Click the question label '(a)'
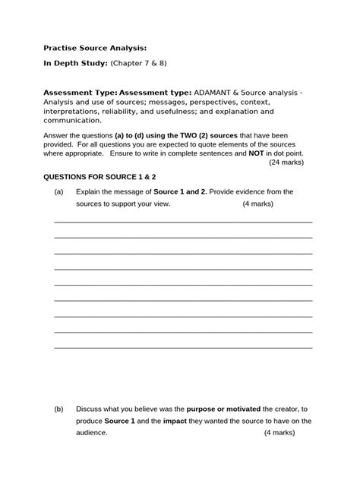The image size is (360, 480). tap(59, 191)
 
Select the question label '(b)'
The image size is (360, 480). tap(59, 409)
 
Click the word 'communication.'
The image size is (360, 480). tap(71, 120)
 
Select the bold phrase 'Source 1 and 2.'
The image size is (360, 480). tap(185, 191)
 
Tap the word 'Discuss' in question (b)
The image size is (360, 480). tap(91, 409)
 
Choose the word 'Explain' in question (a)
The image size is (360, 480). tap(90, 191)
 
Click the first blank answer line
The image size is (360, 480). tap(183, 221)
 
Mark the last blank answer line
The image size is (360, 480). tap(183, 348)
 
